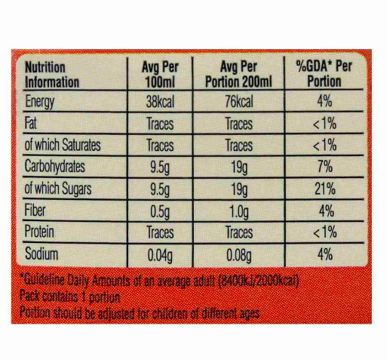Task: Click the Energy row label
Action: point(40,102)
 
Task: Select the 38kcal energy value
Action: point(160,102)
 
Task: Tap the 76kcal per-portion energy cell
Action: point(239,102)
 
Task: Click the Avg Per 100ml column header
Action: point(160,74)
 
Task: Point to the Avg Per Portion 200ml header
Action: point(238,74)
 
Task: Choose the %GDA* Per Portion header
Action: point(324,74)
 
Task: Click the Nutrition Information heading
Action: point(52,75)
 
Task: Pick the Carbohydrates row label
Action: point(55,167)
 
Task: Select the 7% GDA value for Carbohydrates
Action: point(325,167)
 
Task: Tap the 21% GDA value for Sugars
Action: point(325,189)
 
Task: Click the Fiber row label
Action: point(35,210)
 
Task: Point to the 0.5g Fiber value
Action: point(160,212)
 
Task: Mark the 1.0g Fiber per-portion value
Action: point(239,212)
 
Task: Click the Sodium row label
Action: point(41,254)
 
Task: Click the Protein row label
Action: point(39,232)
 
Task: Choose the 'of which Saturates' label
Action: point(63,145)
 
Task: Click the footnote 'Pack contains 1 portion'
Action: point(70,297)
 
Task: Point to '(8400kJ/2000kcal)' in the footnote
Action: point(259,282)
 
